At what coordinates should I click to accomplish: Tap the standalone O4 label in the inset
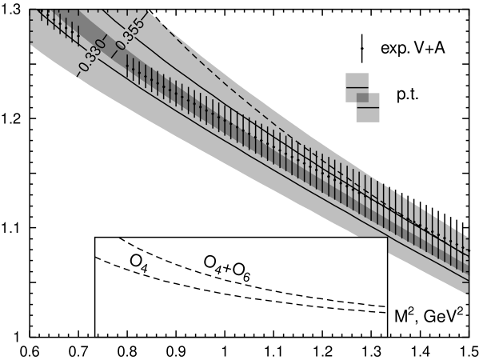pos(138,262)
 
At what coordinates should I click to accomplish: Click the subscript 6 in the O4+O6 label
pos(247,278)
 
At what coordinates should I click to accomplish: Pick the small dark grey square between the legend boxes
pos(362,98)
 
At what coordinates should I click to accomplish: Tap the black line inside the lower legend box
pos(368,107)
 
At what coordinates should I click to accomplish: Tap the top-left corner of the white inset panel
pos(96,238)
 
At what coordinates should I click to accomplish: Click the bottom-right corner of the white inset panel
pos(386,335)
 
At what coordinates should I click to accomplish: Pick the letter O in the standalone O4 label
pos(135,261)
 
